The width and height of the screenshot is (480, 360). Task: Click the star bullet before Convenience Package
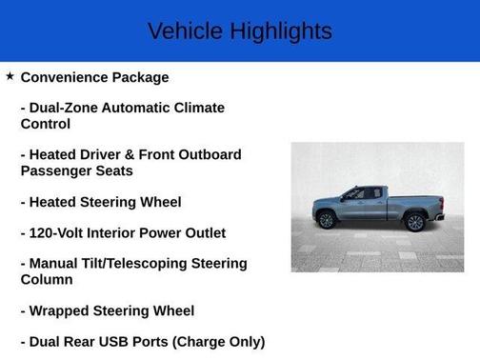click(x=10, y=75)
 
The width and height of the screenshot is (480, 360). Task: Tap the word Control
click(x=46, y=124)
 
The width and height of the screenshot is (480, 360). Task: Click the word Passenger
click(x=58, y=170)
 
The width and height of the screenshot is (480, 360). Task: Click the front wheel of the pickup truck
click(x=327, y=221)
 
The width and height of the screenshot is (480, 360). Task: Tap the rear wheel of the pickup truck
click(x=414, y=222)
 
